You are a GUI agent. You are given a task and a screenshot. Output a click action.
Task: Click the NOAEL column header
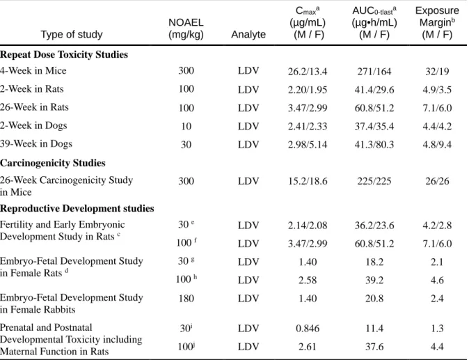pyautogui.click(x=186, y=29)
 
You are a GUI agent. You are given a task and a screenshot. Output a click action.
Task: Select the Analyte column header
pyautogui.click(x=248, y=34)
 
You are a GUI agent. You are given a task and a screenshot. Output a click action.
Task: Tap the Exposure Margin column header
pyautogui.click(x=437, y=22)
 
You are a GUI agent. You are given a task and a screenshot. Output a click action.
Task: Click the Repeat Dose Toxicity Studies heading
pyautogui.click(x=64, y=54)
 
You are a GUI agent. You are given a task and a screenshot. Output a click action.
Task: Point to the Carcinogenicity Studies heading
pyautogui.click(x=53, y=163)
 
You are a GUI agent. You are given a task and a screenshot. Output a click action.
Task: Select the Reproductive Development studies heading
pyautogui.click(x=77, y=208)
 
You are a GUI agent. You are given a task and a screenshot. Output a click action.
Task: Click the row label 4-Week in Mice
pyautogui.click(x=33, y=70)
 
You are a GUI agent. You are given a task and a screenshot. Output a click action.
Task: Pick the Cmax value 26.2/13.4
pyautogui.click(x=308, y=71)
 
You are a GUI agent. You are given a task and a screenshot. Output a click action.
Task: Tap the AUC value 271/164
pyautogui.click(x=374, y=71)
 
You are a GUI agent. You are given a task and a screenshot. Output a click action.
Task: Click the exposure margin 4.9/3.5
pyautogui.click(x=437, y=89)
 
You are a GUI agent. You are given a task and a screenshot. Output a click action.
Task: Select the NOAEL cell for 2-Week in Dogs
pyautogui.click(x=186, y=126)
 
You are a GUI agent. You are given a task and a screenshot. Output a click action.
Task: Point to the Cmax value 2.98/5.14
pyautogui.click(x=308, y=145)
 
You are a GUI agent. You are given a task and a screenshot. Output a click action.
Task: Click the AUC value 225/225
pyautogui.click(x=374, y=181)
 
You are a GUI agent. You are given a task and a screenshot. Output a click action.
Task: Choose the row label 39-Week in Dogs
pyautogui.click(x=36, y=143)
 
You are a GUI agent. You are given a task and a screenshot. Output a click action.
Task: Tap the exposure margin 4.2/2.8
pyautogui.click(x=437, y=225)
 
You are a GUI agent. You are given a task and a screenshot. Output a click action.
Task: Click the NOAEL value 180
pyautogui.click(x=186, y=298)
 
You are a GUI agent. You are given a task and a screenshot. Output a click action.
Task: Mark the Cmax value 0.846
pyautogui.click(x=308, y=328)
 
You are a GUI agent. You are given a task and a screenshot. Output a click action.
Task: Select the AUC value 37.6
pyautogui.click(x=374, y=347)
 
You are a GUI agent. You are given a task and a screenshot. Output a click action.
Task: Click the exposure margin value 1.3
pyautogui.click(x=437, y=328)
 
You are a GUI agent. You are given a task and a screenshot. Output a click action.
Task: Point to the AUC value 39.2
pyautogui.click(x=374, y=280)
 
